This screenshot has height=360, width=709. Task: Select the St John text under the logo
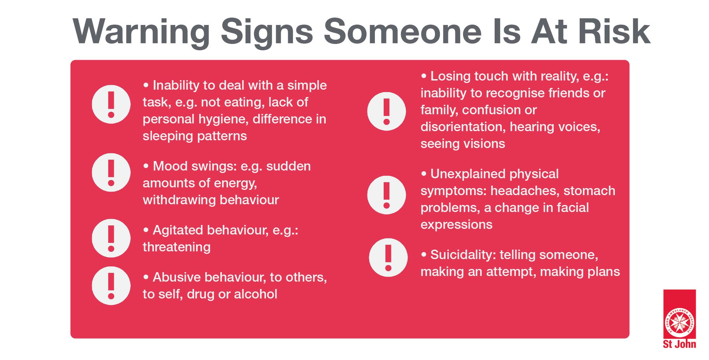point(679,344)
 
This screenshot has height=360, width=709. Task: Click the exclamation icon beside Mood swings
point(111,173)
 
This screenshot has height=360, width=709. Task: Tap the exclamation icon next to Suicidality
point(388,258)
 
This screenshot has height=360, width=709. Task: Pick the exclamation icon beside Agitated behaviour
point(111,238)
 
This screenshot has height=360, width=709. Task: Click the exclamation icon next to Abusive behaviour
point(111,285)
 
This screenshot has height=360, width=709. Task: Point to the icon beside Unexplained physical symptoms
point(386,195)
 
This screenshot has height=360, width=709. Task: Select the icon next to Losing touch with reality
point(386,111)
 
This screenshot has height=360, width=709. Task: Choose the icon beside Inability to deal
point(111,104)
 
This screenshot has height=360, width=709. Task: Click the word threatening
point(176,247)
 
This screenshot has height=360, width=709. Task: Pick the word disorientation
point(463,127)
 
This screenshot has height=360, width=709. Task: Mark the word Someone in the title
point(403,32)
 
